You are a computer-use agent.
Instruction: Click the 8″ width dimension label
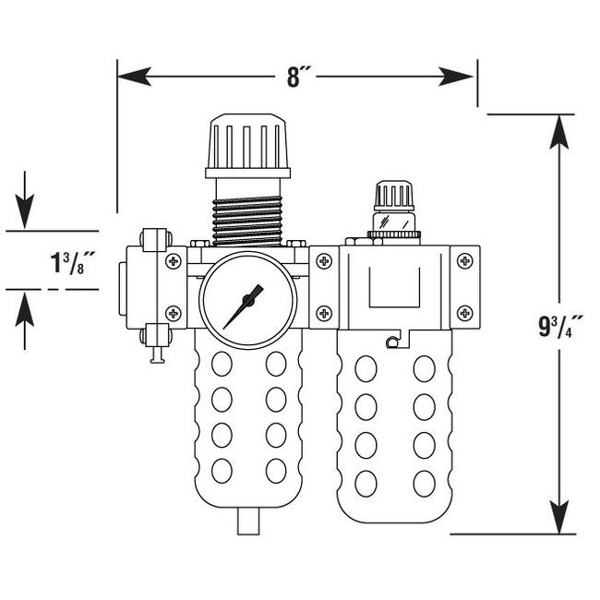(x=295, y=77)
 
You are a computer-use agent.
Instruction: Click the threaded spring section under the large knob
(x=247, y=211)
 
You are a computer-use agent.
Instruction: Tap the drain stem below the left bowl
(x=247, y=521)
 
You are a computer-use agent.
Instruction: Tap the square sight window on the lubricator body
(x=394, y=287)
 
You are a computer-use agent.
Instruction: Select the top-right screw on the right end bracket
(x=464, y=262)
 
